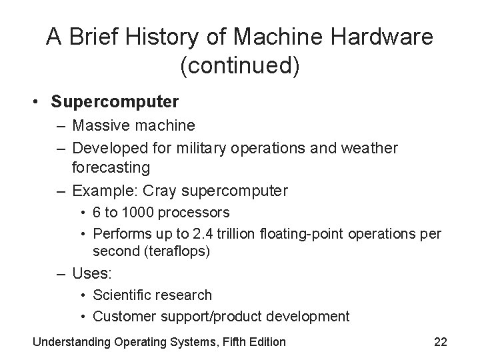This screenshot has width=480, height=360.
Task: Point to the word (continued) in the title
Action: pos(240,66)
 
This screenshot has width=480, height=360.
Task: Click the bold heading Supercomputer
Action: pos(115,102)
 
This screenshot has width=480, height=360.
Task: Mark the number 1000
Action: pos(140,213)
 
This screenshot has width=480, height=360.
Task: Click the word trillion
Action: pos(243,233)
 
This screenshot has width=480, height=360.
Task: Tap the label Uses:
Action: pos(93,273)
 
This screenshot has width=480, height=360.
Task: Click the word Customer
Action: pos(122,316)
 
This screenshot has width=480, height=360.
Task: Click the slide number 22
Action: pos(440,342)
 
